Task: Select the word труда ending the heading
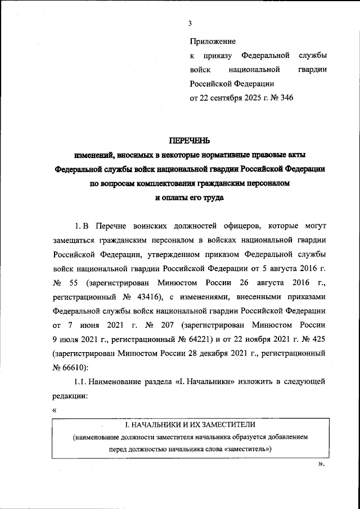[x=212, y=198]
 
